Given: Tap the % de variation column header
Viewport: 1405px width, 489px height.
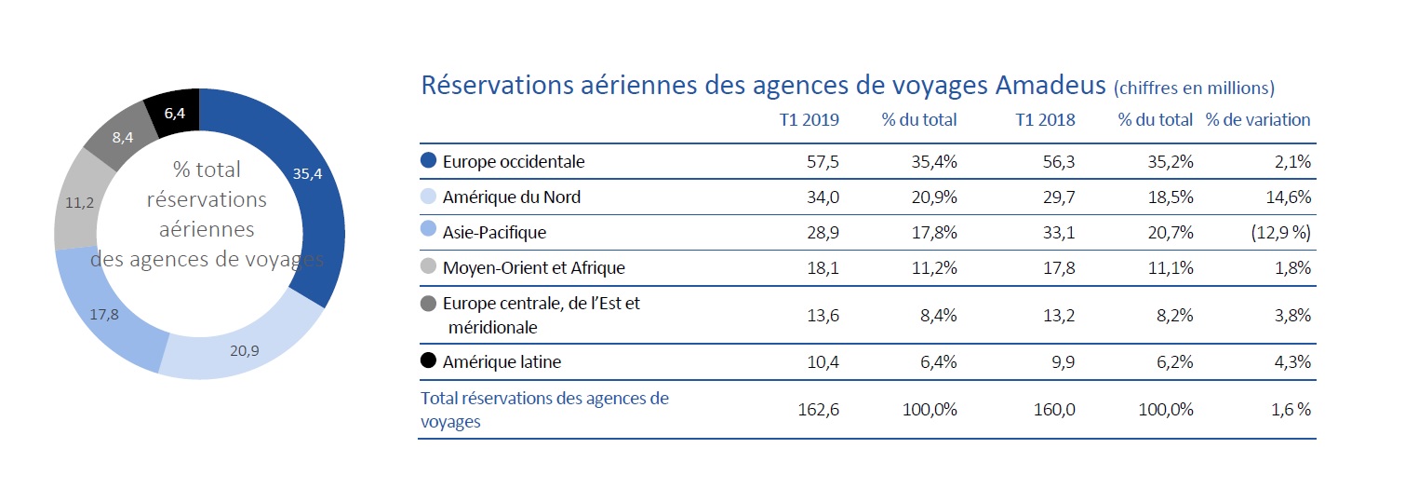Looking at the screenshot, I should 1257,120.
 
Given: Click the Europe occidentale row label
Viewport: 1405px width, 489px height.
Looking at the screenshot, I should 514,161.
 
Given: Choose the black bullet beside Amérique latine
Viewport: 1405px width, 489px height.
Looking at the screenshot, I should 429,361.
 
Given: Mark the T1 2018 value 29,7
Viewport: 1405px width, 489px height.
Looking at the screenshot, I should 1058,197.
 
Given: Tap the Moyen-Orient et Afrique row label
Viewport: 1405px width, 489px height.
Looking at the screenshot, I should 533,268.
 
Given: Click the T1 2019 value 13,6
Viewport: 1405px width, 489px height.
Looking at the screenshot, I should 822,315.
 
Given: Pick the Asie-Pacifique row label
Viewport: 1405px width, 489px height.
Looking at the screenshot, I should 494,232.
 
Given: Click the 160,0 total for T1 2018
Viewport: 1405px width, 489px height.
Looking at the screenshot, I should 1055,410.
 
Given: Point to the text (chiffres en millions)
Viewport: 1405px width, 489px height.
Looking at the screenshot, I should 1193,88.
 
